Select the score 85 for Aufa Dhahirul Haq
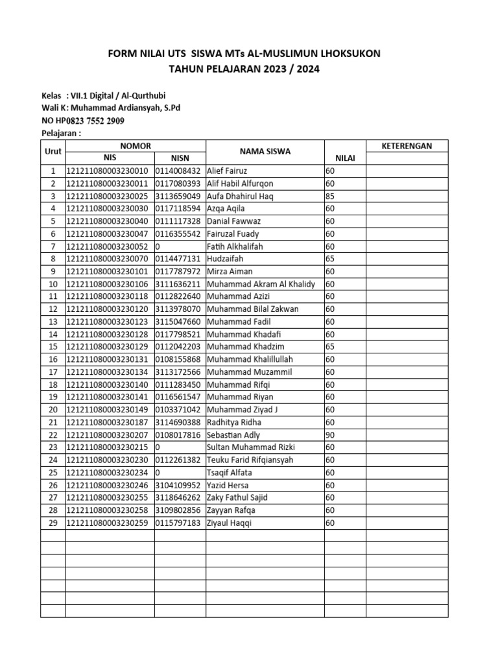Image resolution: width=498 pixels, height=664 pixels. (330, 196)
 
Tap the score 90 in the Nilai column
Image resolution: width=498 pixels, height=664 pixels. (330, 435)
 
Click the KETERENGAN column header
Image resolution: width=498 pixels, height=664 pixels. (406, 146)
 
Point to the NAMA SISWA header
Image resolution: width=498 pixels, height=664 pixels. (265, 152)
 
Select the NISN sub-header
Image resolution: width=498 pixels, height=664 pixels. (180, 158)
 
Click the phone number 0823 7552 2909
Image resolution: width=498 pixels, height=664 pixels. (96, 121)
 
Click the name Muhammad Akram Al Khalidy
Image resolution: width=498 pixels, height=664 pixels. (261, 284)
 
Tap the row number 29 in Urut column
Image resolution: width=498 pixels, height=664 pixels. (53, 523)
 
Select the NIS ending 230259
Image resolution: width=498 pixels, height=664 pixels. (108, 523)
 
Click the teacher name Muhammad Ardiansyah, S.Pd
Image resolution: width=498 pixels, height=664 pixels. (126, 108)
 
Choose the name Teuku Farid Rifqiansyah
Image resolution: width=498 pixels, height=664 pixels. (250, 460)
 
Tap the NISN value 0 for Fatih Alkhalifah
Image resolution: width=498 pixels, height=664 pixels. (158, 246)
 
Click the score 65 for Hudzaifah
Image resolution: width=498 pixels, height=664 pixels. (330, 259)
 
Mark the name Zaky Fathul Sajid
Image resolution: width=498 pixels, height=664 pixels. (237, 498)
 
